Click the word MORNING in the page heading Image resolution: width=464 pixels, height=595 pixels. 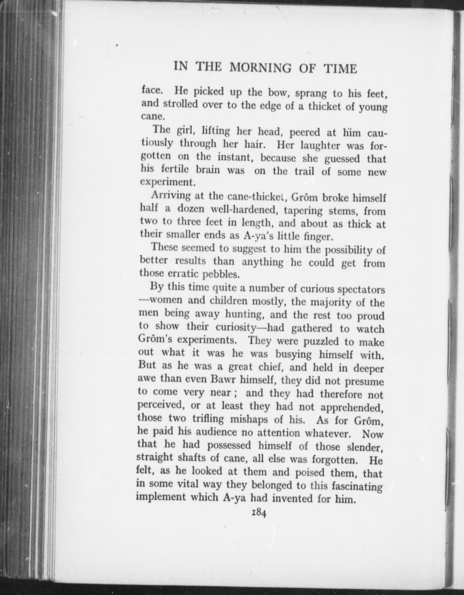pos(260,68)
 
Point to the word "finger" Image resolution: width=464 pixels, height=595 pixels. pos(318,236)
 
